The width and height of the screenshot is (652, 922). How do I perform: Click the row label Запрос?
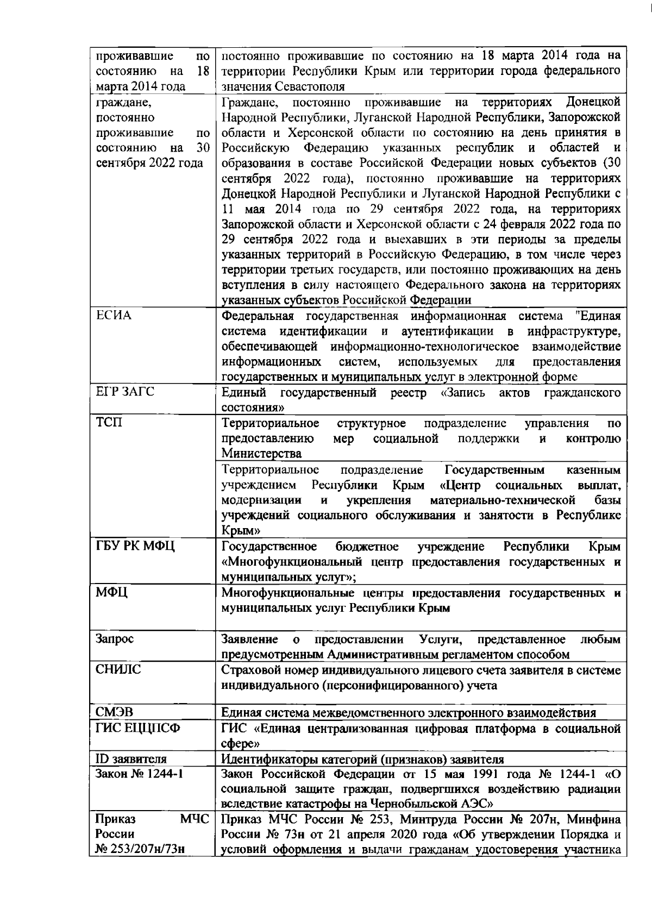(115, 639)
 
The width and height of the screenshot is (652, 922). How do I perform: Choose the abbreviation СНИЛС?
(118, 670)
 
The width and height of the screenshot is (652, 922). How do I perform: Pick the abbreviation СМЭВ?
(115, 712)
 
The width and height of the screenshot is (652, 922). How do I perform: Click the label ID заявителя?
(131, 759)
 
